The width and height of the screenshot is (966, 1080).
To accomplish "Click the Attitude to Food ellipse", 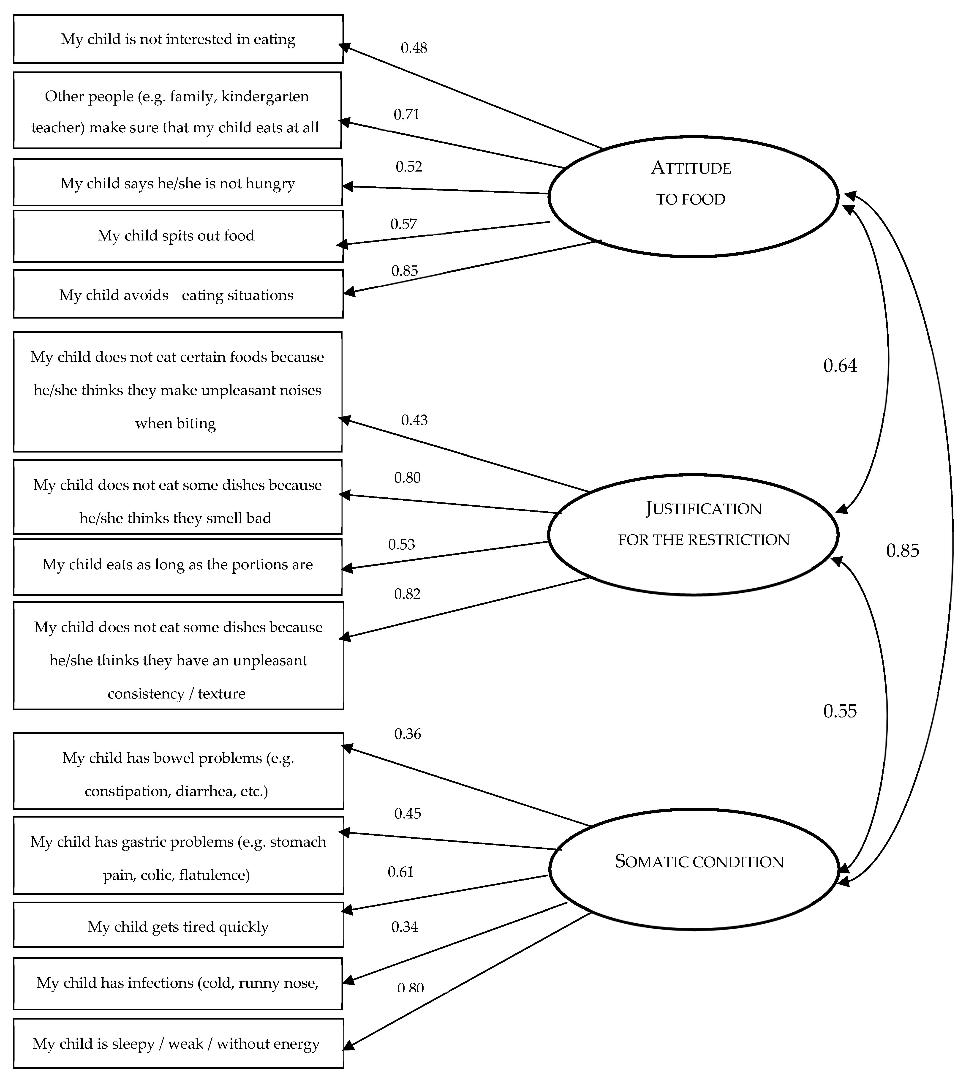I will click(693, 197).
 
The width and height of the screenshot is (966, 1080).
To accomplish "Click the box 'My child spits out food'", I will click(178, 236).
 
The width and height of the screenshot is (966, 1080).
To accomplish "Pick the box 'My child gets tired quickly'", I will click(178, 927).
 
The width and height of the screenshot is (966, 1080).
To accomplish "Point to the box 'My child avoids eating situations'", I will click(178, 295).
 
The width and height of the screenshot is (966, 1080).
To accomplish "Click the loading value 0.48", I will click(414, 48).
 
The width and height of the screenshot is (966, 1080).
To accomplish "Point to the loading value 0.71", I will click(407, 115).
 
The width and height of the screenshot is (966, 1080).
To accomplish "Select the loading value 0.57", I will click(404, 224).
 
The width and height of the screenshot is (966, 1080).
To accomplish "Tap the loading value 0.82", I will click(407, 594).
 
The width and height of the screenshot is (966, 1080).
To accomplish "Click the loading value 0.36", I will click(408, 734).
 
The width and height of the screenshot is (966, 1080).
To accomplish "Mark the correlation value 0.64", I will click(840, 366).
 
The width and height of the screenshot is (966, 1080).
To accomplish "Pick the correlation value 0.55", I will click(840, 711).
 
